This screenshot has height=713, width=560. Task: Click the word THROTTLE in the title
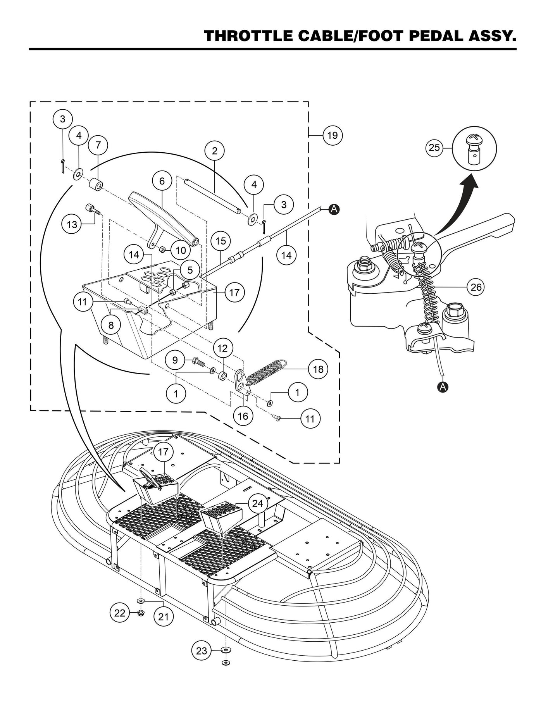tap(248, 36)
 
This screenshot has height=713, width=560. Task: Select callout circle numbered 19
tap(333, 135)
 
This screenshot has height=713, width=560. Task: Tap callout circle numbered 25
tap(435, 148)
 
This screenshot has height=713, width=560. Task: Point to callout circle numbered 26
tap(476, 287)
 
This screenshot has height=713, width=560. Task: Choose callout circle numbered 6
tap(162, 181)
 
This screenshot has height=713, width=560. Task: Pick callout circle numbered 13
tap(72, 224)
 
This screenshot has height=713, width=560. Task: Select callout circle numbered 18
tap(318, 369)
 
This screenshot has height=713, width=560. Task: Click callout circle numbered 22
tap(120, 613)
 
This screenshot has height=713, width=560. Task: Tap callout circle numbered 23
tap(202, 651)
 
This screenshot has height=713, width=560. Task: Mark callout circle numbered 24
tap(257, 503)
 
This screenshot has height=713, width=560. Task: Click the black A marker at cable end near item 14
tap(334, 209)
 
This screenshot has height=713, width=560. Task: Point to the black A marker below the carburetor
tap(443, 386)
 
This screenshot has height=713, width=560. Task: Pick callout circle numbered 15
tap(221, 241)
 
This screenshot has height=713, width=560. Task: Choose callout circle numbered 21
tap(164, 616)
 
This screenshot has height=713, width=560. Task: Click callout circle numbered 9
tap(175, 360)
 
